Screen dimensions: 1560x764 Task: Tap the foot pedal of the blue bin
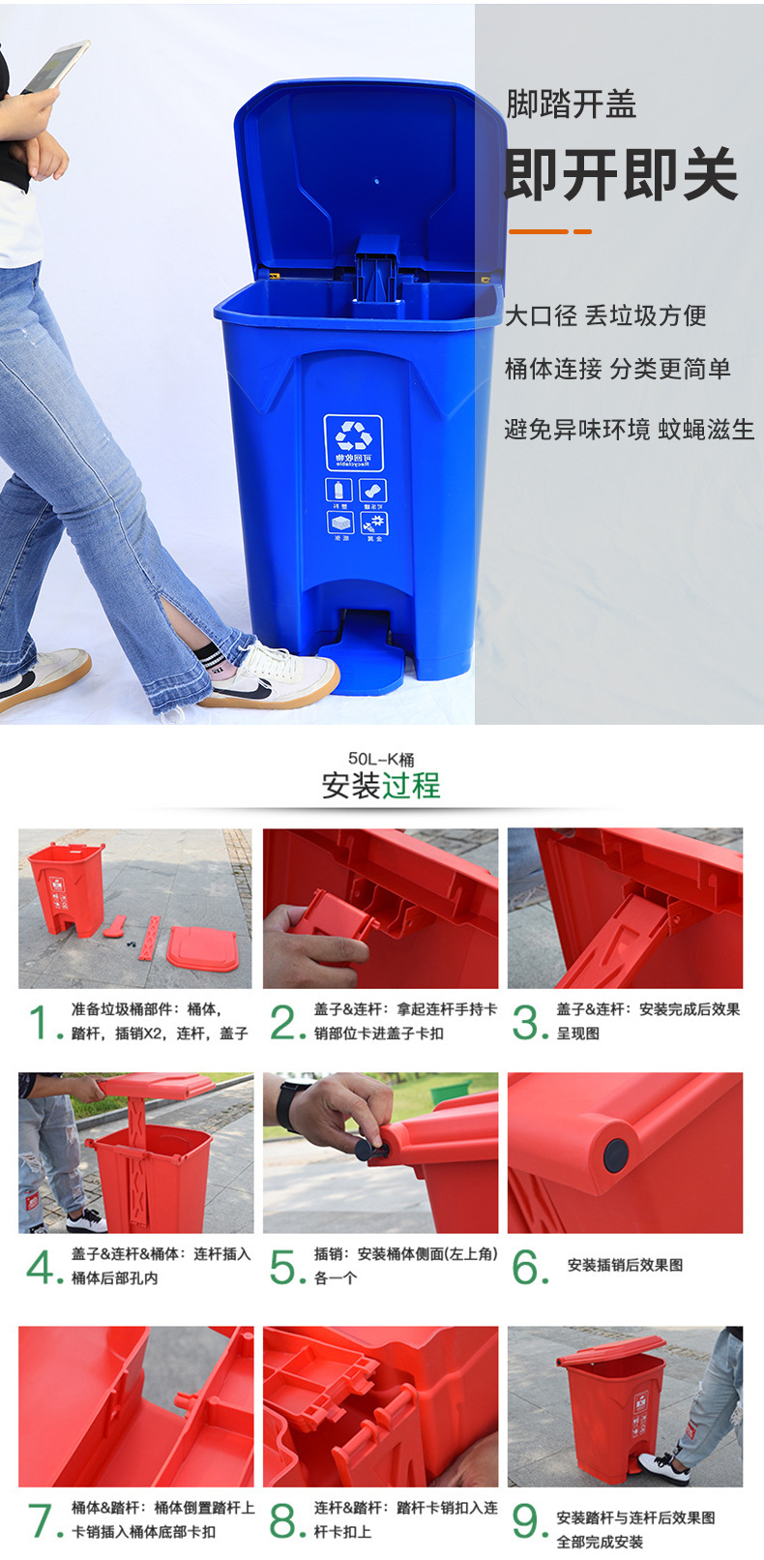click(363, 659)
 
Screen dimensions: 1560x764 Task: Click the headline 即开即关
click(621, 175)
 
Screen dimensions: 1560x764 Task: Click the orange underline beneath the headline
click(549, 231)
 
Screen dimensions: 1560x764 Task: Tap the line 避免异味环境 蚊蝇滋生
click(629, 430)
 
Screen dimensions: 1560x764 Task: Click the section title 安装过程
click(381, 785)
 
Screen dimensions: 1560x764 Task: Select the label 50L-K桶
click(381, 760)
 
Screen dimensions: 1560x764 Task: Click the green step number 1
click(40, 1023)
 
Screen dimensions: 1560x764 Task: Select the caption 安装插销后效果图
click(625, 1265)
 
